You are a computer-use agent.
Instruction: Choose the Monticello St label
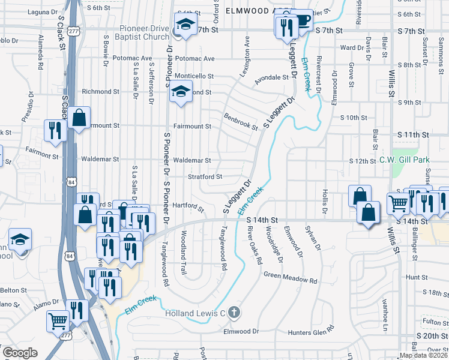(x=194, y=76)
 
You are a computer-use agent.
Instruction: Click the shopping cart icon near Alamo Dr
(x=58, y=322)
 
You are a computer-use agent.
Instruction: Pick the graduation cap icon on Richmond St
(x=179, y=92)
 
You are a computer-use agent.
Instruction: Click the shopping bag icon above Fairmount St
(x=79, y=118)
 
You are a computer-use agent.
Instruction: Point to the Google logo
(x=20, y=352)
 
